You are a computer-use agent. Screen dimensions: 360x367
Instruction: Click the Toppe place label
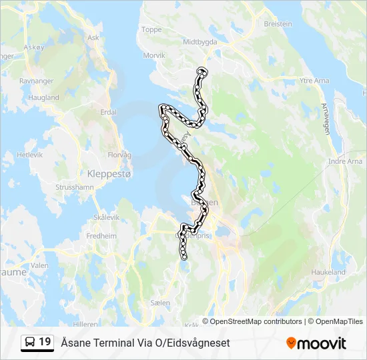pyautogui.click(x=151, y=29)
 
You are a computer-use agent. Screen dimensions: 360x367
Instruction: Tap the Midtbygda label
pyautogui.click(x=200, y=41)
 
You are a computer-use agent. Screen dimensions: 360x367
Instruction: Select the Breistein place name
pyautogui.click(x=278, y=23)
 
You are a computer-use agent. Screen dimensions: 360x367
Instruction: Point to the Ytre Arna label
pyautogui.click(x=314, y=81)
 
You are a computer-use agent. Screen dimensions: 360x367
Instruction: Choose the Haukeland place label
pyautogui.click(x=328, y=272)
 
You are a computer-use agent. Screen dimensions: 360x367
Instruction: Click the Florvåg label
pyautogui.click(x=119, y=155)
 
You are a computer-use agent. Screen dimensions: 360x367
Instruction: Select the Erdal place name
pyautogui.click(x=108, y=112)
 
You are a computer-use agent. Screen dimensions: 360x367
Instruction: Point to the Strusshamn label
pyautogui.click(x=75, y=187)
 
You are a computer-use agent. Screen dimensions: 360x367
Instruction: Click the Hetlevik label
pyautogui.click(x=29, y=154)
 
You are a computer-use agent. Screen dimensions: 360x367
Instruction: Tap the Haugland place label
pyautogui.click(x=44, y=97)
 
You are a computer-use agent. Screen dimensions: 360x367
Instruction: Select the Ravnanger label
pyautogui.click(x=36, y=81)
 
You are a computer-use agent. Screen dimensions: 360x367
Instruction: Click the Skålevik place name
pyautogui.click(x=106, y=217)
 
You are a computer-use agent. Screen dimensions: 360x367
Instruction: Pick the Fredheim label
pyautogui.click(x=101, y=235)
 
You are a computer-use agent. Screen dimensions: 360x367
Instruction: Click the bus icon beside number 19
pyautogui.click(x=30, y=342)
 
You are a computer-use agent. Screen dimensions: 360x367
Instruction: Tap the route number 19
pyautogui.click(x=45, y=342)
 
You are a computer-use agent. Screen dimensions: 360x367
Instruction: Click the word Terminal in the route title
pyautogui.click(x=108, y=343)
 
